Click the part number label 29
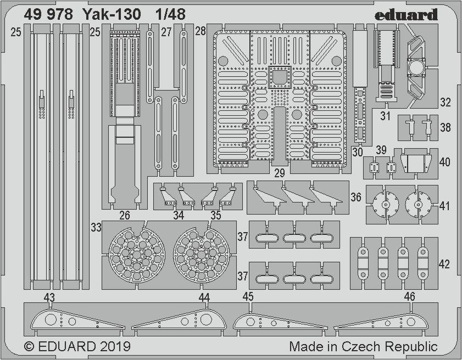point(279,173)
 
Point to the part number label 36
point(356,197)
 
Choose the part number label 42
point(444,265)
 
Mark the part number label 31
point(386,116)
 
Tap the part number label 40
point(444,162)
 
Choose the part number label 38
point(445,127)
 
